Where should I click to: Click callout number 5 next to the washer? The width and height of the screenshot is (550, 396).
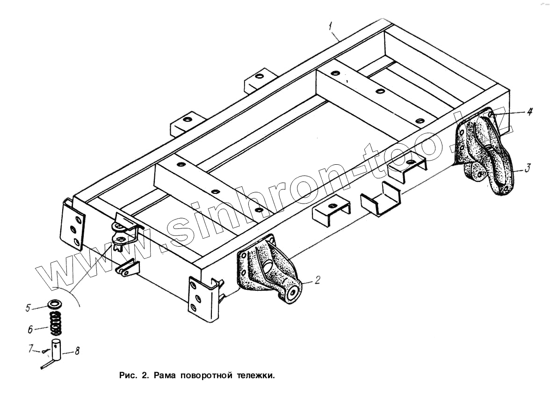pyautogui.click(x=28, y=308)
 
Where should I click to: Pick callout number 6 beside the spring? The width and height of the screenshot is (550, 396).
pyautogui.click(x=30, y=329)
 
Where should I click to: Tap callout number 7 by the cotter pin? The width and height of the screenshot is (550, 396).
pyautogui.click(x=31, y=348)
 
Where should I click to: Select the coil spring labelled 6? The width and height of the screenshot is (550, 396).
pyautogui.click(x=56, y=323)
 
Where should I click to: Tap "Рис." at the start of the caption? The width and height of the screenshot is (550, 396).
pyautogui.click(x=128, y=375)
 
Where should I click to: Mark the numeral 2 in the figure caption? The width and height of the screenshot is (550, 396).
pyautogui.click(x=145, y=375)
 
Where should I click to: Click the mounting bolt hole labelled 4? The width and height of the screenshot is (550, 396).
pyautogui.click(x=489, y=114)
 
